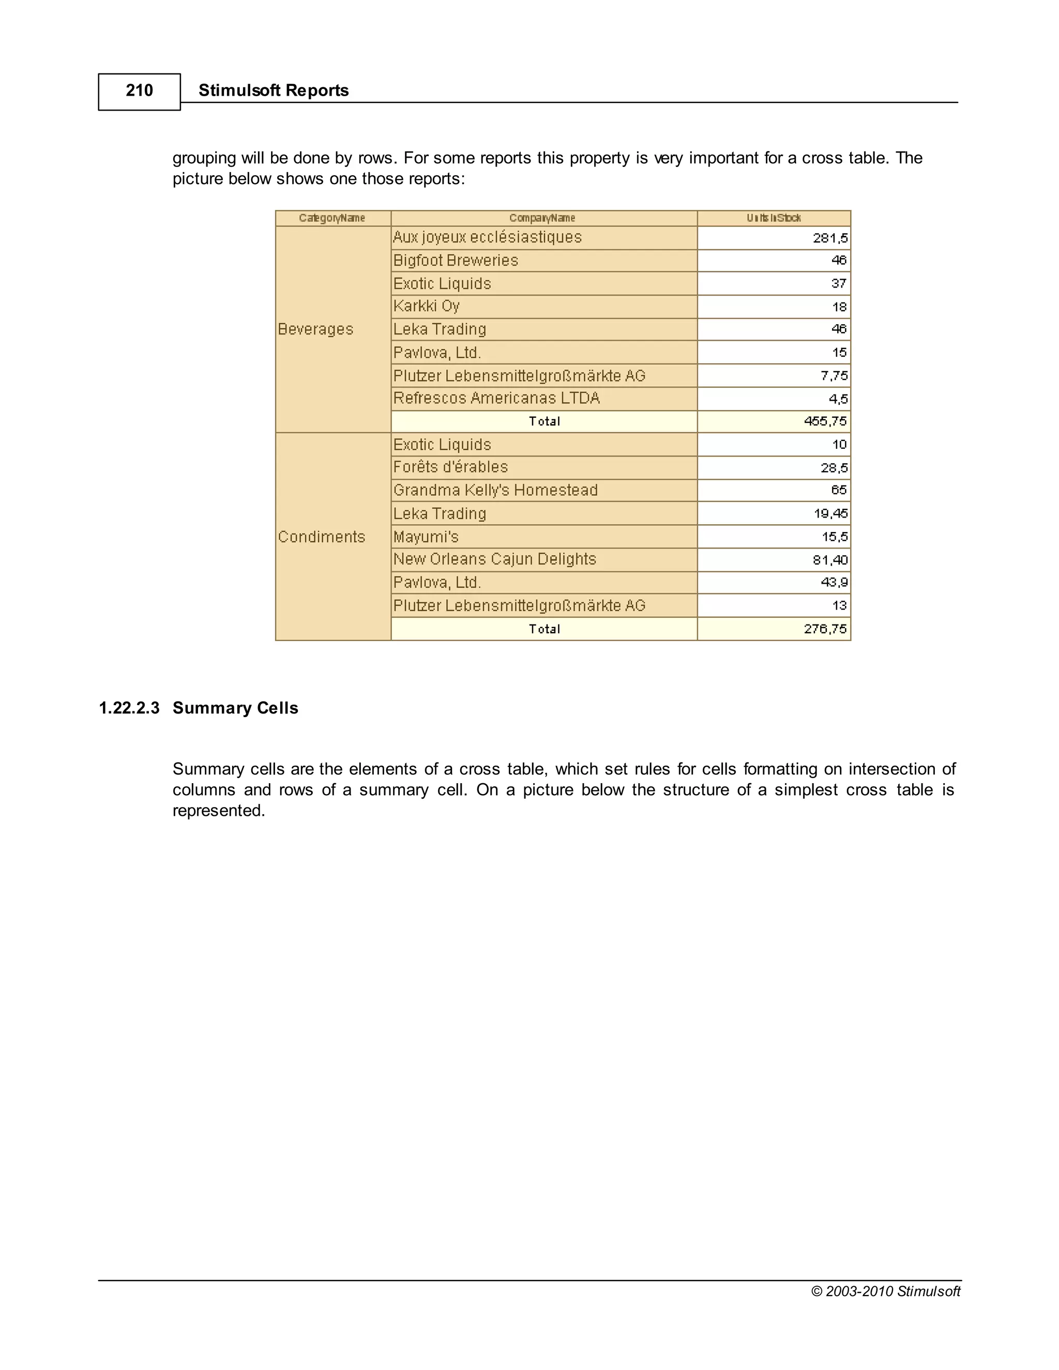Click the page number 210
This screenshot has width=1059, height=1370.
point(139,91)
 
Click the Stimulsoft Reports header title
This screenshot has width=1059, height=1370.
point(273,91)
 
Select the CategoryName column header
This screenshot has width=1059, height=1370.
point(332,218)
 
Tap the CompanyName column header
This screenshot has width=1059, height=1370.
point(542,218)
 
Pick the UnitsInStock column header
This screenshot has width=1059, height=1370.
point(773,218)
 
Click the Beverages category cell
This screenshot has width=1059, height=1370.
point(315,329)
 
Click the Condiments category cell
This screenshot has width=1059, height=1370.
point(321,537)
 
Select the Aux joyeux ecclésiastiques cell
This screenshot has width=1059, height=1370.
point(488,238)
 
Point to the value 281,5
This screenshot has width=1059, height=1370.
point(829,238)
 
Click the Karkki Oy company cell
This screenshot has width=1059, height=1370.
point(427,306)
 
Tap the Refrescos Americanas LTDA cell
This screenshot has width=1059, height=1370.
point(496,398)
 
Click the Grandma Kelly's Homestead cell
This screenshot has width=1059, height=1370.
point(495,491)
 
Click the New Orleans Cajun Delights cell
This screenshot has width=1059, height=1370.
point(494,559)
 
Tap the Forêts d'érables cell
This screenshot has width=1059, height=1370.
point(450,467)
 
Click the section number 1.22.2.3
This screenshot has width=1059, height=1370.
point(129,708)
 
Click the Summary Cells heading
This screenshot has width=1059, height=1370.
point(235,708)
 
